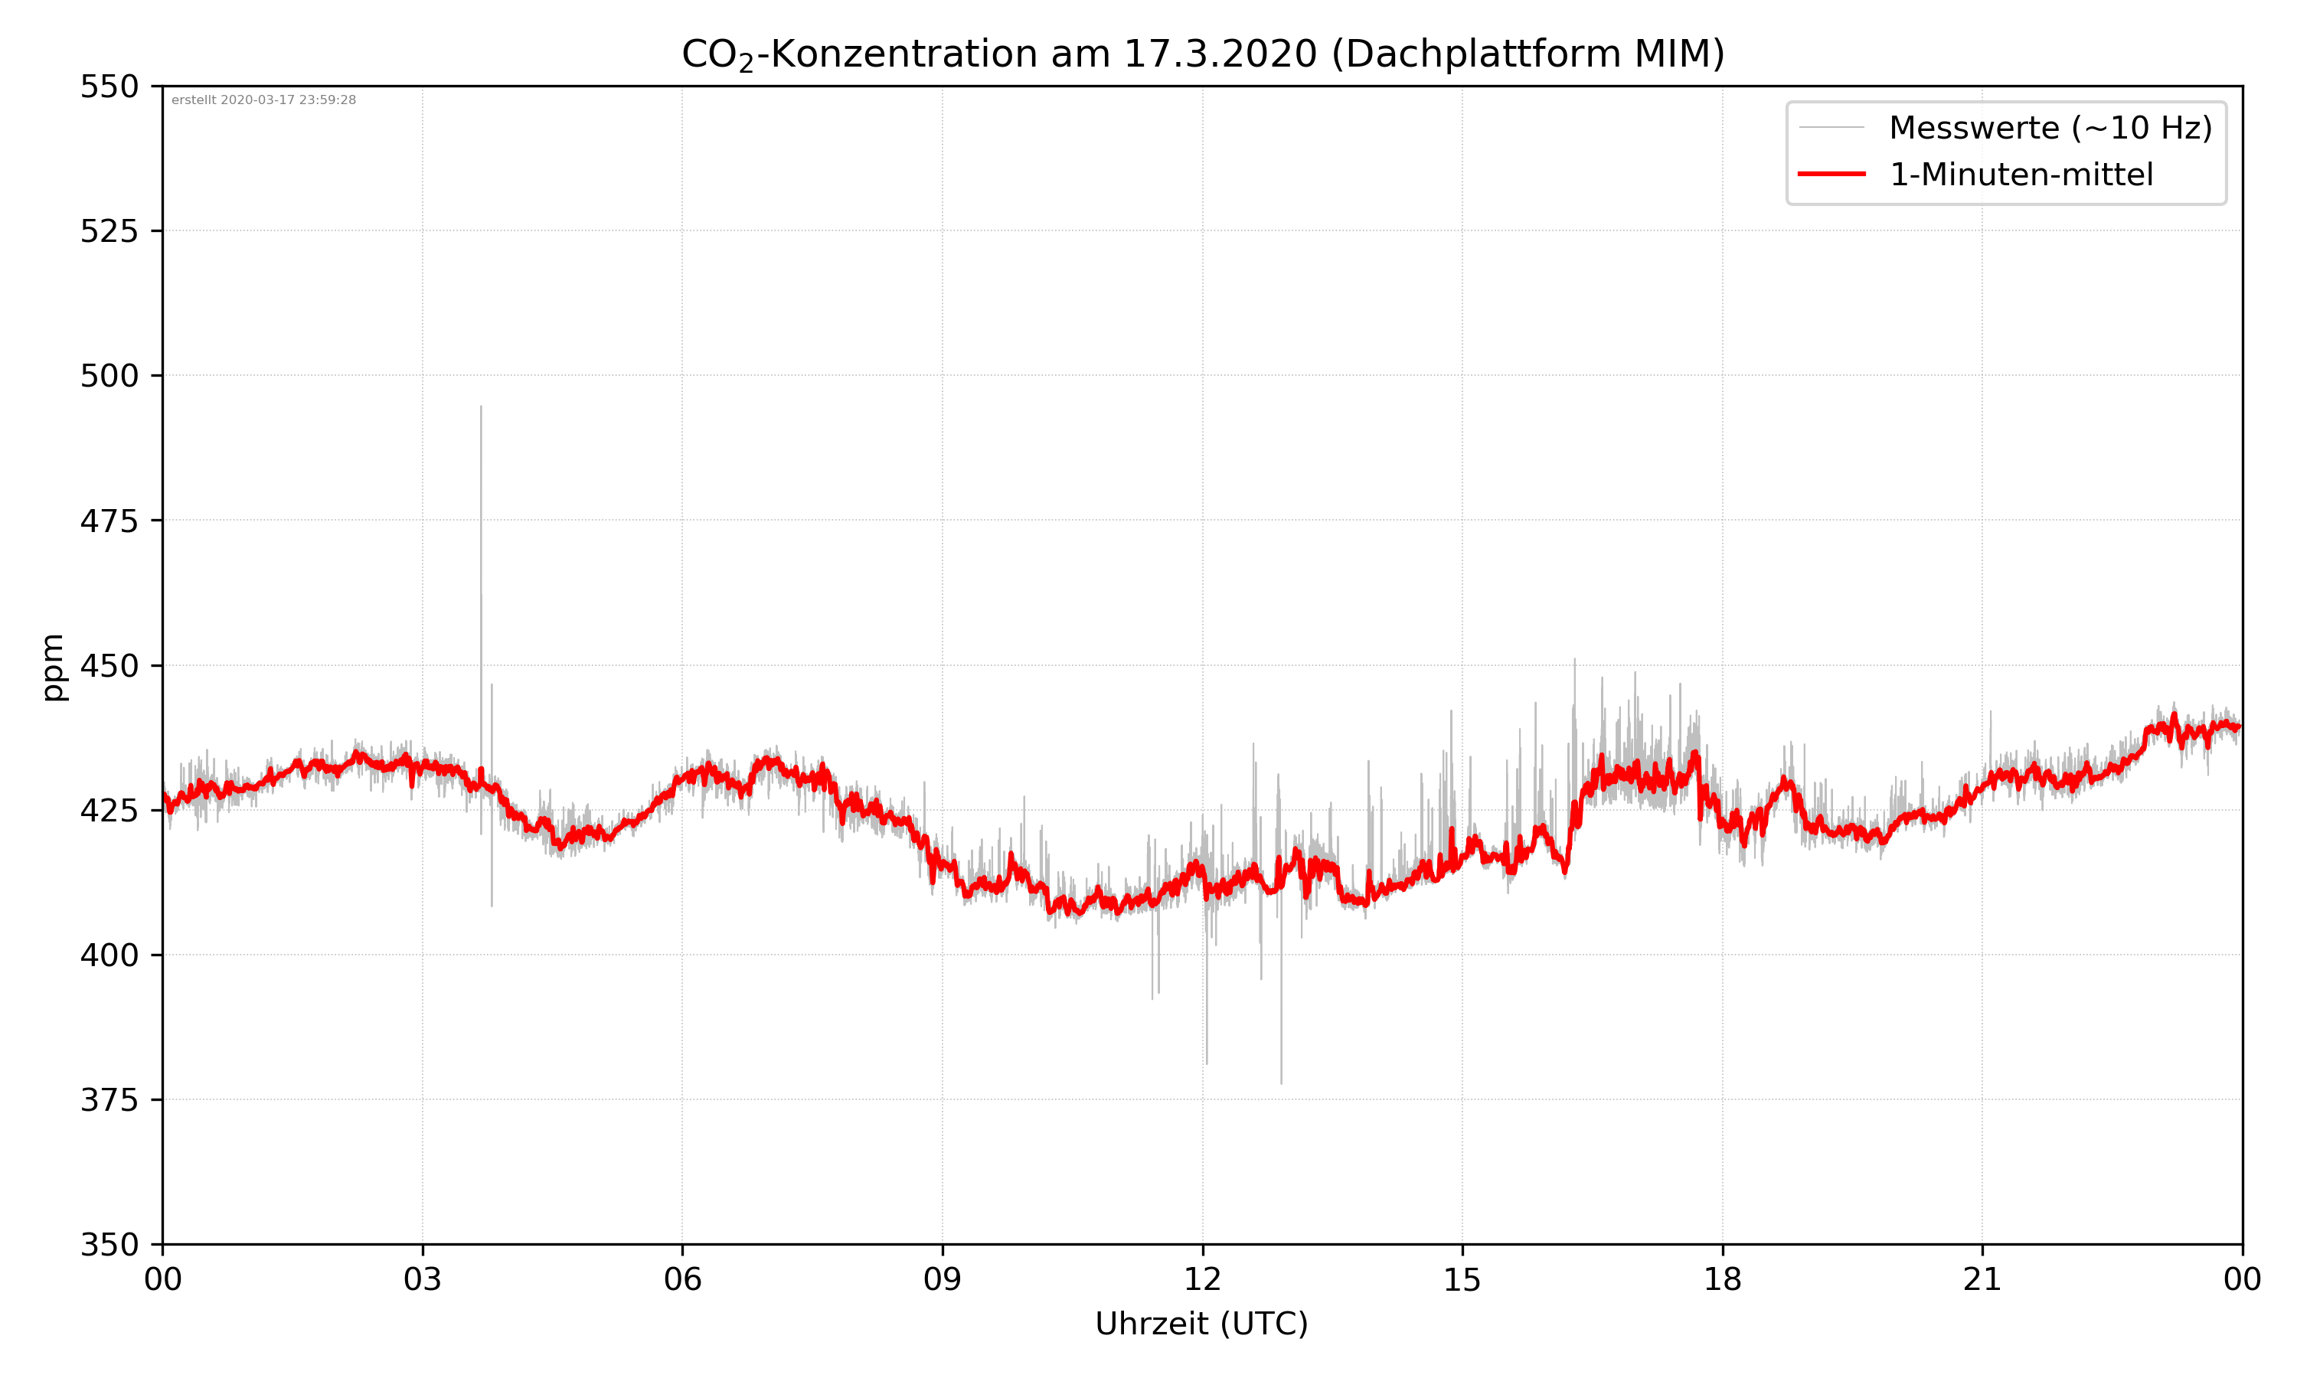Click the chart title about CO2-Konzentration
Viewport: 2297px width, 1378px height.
click(1202, 54)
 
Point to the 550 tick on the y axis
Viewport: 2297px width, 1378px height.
click(109, 87)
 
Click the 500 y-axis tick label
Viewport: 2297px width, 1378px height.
click(109, 376)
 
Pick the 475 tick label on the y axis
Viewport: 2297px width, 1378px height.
click(109, 521)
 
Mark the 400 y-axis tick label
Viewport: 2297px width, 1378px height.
click(109, 955)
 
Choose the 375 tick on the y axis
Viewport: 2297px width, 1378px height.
click(109, 1100)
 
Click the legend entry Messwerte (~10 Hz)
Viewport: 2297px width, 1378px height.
click(2050, 127)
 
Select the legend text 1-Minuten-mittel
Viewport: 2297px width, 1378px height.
click(2021, 175)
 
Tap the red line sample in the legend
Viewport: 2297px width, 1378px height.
click(1831, 174)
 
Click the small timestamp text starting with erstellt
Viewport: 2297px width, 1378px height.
click(263, 100)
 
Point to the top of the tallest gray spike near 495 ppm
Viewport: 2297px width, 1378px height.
click(481, 407)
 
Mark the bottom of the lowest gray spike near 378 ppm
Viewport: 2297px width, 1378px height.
click(1281, 1082)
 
